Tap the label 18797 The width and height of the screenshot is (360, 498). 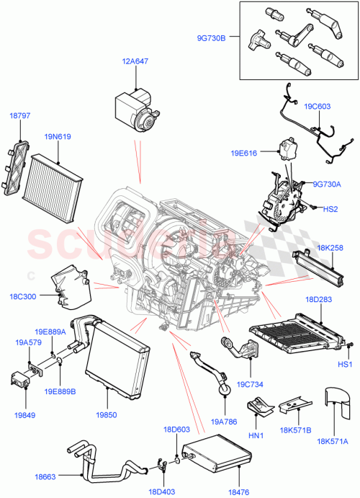click(19, 115)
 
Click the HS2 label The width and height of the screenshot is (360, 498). click(329, 209)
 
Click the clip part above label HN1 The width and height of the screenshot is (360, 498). click(257, 408)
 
